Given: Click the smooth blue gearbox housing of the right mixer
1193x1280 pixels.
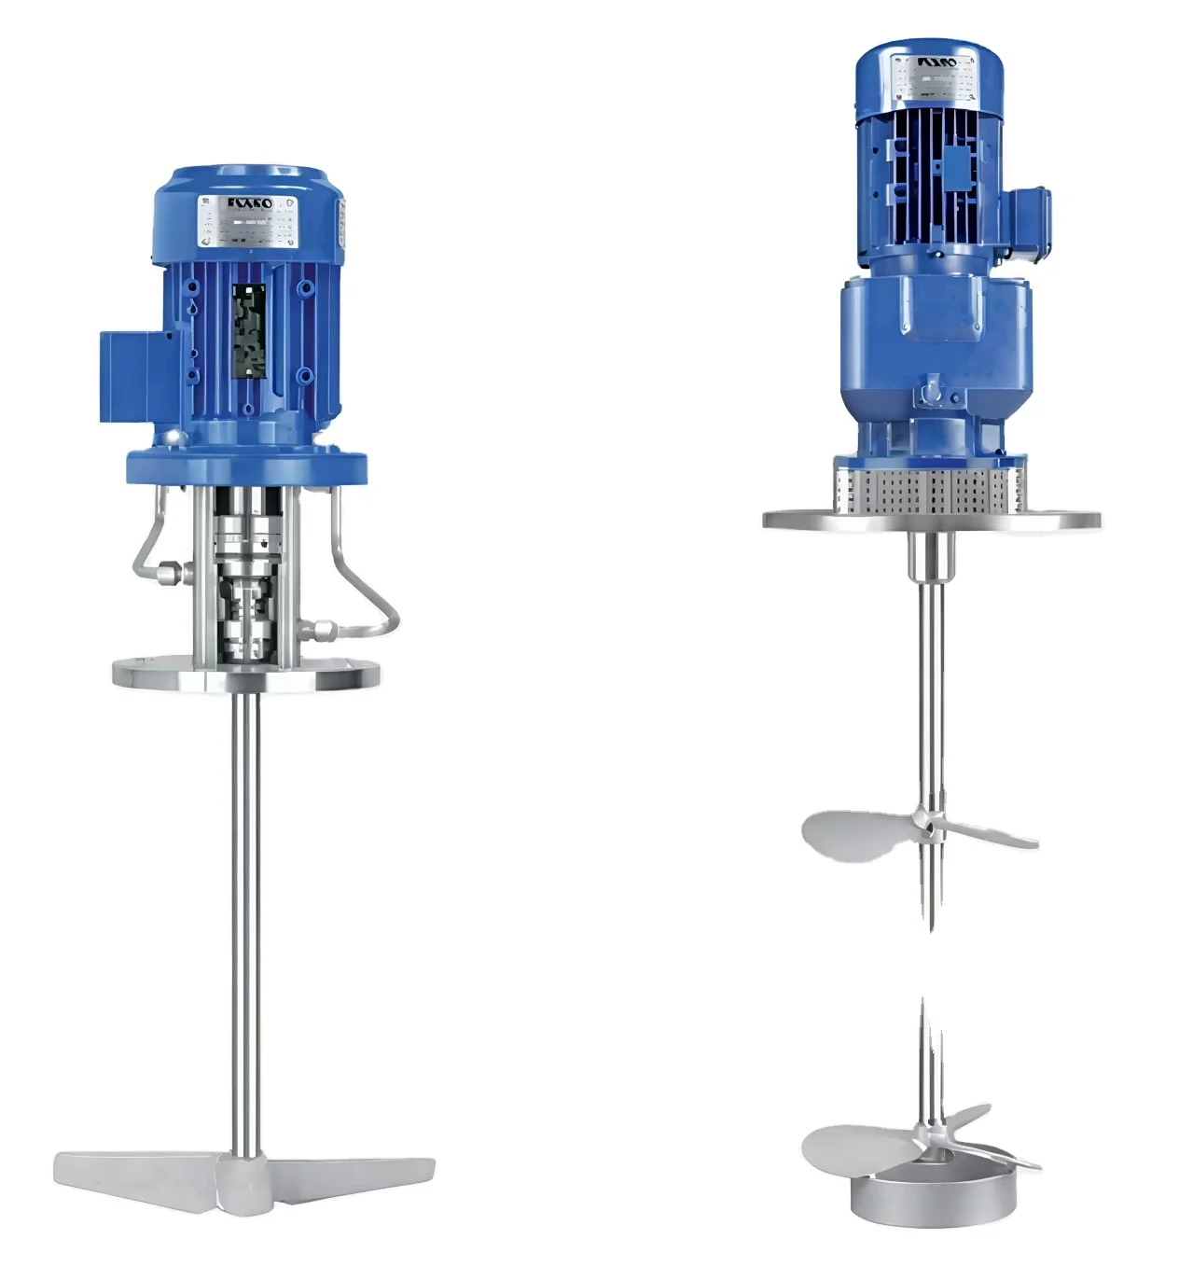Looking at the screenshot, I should coord(933,336).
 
